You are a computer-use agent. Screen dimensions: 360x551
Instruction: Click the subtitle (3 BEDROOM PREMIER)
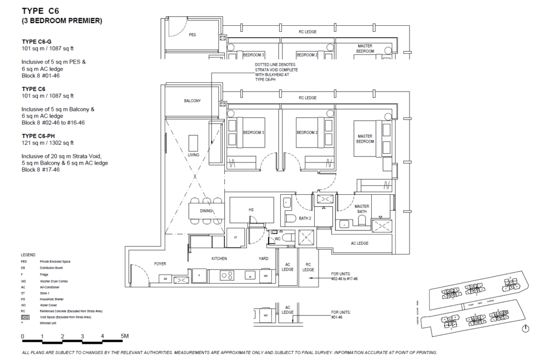(x=61, y=21)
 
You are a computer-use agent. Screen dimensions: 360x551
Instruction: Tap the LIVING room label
(x=194, y=155)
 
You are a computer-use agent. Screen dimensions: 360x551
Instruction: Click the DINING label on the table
(x=206, y=211)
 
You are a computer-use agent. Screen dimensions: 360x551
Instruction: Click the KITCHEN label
(x=219, y=259)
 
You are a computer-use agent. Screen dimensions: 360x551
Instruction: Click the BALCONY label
(x=192, y=101)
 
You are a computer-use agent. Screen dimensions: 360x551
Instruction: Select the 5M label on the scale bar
(x=125, y=336)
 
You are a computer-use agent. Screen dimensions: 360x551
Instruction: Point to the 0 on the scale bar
(x=23, y=336)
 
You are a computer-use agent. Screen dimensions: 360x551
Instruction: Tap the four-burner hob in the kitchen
(x=228, y=276)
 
